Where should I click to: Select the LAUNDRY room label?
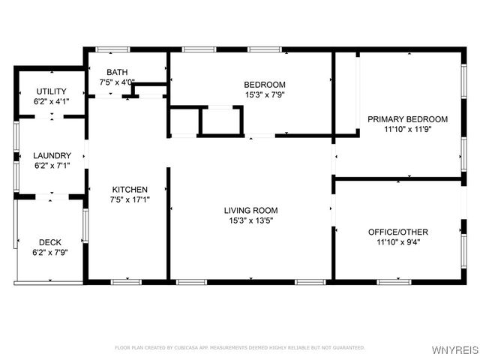[x=52, y=156]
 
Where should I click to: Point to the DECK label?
[x=50, y=242]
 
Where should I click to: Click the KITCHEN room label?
[x=130, y=190]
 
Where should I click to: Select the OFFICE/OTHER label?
[x=409, y=232]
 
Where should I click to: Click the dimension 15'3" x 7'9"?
[x=264, y=94]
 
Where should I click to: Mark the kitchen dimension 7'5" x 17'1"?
[x=130, y=199]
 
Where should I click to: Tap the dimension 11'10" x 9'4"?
[x=409, y=242]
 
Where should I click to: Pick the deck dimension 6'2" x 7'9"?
[x=50, y=253]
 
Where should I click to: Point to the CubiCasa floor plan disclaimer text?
[x=239, y=347]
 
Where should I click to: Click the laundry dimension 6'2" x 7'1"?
[x=52, y=166]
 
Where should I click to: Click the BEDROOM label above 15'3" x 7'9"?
[x=264, y=84]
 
